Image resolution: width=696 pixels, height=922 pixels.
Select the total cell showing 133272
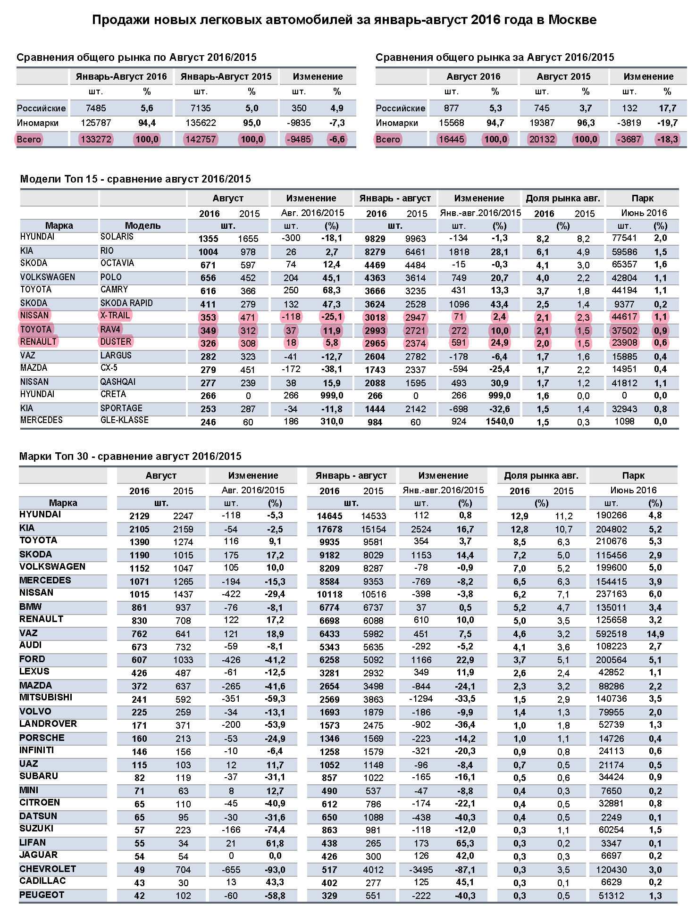[x=96, y=140]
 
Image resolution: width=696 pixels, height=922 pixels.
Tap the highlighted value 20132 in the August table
[x=542, y=140]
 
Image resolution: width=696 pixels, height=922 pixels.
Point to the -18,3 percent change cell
[x=667, y=140]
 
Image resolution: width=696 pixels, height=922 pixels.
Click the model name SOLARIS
[x=117, y=237]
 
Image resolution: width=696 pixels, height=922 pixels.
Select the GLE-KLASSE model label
[x=124, y=420]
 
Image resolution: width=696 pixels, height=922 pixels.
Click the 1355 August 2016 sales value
[x=208, y=239]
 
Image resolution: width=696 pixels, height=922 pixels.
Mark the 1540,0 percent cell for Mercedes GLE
[x=499, y=422]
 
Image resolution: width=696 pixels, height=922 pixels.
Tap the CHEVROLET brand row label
[x=47, y=869]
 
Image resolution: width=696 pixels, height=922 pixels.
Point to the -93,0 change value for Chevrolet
[x=275, y=870]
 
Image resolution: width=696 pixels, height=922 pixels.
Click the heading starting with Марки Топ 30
[x=130, y=457]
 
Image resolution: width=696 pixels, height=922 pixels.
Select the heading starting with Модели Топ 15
[x=135, y=179]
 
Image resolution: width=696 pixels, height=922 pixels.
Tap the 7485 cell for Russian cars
[x=96, y=108]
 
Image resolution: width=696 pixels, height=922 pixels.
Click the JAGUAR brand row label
[x=38, y=855]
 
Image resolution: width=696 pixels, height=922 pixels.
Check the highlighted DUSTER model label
[x=116, y=342]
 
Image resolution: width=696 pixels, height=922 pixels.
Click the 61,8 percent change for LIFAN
[x=275, y=843]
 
